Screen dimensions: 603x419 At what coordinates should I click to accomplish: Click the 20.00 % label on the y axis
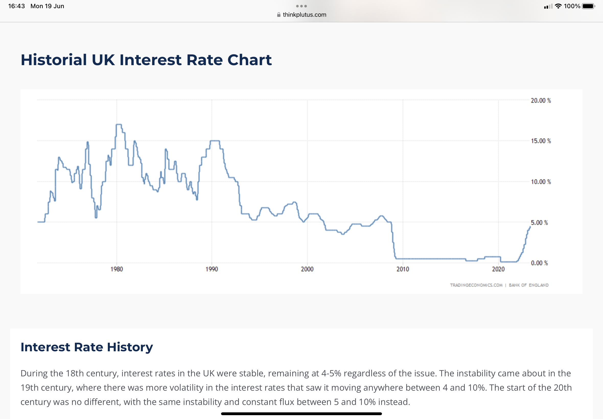tap(541, 101)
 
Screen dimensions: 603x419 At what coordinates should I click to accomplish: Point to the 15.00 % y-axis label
tap(541, 141)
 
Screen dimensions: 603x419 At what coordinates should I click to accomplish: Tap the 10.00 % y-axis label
tap(541, 182)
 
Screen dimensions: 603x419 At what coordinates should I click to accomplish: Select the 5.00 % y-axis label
tap(539, 223)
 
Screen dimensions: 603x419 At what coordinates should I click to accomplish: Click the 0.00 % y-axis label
tap(539, 263)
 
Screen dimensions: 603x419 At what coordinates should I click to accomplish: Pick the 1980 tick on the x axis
tap(117, 269)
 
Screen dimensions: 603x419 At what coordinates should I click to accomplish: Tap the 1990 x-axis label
tap(212, 269)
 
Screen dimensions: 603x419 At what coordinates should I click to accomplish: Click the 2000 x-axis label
tap(307, 269)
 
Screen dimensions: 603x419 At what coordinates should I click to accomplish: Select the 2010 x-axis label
tap(403, 269)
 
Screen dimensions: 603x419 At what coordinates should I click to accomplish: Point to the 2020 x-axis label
tap(498, 269)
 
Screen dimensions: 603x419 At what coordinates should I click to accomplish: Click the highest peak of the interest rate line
tap(118, 124)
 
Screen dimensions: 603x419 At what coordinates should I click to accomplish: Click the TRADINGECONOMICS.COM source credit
tap(476, 285)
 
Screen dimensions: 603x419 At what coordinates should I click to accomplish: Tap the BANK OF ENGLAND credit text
tap(529, 285)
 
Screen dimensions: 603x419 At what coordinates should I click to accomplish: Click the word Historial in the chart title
tap(54, 60)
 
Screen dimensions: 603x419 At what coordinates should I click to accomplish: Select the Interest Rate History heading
tap(87, 347)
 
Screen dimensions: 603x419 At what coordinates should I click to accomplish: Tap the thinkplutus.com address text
tap(305, 15)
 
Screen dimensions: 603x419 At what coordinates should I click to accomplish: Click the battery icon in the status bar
tap(588, 6)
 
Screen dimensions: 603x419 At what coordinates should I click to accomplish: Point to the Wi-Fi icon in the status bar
tap(558, 6)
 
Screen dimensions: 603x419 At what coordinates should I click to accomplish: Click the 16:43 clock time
tap(17, 6)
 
